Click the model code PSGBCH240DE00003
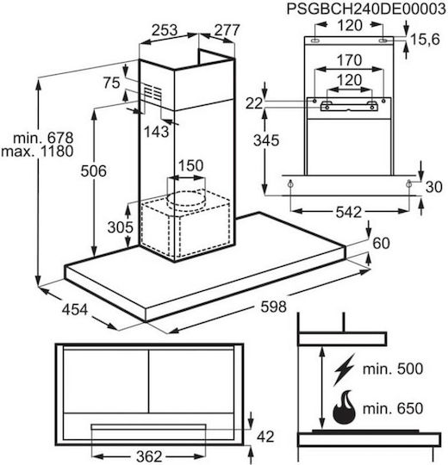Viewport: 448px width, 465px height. point(367,9)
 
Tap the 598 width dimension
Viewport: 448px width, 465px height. point(273,307)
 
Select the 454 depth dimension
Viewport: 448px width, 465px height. point(75,310)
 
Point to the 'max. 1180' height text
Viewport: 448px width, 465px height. point(37,152)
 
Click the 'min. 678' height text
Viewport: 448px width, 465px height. point(43,138)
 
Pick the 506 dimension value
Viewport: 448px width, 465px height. point(94,171)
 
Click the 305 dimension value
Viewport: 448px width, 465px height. point(121,227)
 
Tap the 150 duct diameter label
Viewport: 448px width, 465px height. point(190,165)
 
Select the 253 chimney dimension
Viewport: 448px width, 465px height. point(165,30)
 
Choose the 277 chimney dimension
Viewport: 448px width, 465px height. point(227,30)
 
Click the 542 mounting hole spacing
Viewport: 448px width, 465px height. point(349,213)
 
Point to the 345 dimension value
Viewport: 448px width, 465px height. point(266,140)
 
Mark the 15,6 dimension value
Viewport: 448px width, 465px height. point(425,39)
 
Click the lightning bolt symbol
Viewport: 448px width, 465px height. point(344,369)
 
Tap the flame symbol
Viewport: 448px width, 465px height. point(344,407)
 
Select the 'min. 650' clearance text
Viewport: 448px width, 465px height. point(393,409)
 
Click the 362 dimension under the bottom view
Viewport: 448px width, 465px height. point(149,456)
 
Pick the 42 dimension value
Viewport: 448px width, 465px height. point(265,437)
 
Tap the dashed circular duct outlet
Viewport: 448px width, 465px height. point(186,201)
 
